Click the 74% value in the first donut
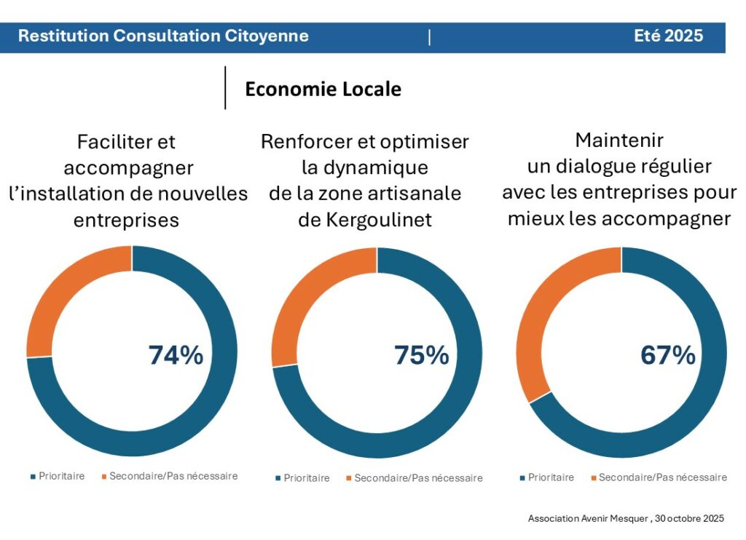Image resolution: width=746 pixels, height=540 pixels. (x=176, y=355)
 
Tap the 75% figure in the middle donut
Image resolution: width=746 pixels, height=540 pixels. (x=421, y=355)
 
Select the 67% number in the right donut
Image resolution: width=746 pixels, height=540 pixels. (x=667, y=355)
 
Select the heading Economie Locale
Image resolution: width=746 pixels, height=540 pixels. (x=323, y=89)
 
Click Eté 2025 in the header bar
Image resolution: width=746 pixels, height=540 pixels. (x=668, y=36)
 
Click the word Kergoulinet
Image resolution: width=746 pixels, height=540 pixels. (x=365, y=220)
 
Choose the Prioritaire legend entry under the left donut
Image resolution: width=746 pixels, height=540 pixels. (x=62, y=477)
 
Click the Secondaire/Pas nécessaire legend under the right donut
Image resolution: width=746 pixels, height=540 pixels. (x=662, y=477)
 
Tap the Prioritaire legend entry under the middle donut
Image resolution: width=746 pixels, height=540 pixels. (x=307, y=478)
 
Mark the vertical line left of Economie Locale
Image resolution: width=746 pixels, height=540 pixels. (x=225, y=88)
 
